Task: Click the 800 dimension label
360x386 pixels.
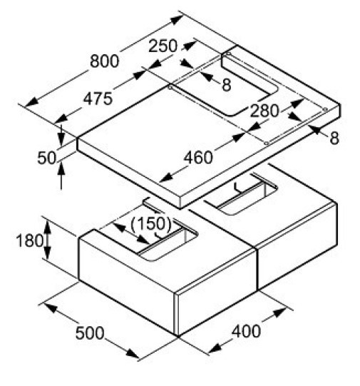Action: [x=105, y=61]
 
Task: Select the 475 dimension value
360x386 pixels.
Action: [x=98, y=99]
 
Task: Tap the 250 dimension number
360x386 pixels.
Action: [x=163, y=46]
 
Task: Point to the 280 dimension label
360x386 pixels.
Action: [x=264, y=111]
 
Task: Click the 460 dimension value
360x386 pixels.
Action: [x=198, y=158]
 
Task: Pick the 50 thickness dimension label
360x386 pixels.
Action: [x=47, y=158]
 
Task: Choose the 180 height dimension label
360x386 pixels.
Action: [x=29, y=240]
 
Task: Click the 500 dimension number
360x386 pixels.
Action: [x=90, y=333]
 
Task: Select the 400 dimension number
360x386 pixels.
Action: [x=246, y=331]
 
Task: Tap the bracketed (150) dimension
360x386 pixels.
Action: [x=150, y=224]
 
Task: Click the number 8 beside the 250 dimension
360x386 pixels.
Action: [x=227, y=85]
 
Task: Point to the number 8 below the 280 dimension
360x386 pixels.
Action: [x=334, y=138]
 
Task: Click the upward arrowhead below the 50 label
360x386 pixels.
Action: [x=61, y=168]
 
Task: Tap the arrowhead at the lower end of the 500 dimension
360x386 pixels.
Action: [x=133, y=354]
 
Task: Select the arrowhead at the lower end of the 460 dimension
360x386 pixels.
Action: [x=167, y=177]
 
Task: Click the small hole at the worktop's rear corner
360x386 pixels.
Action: [x=229, y=54]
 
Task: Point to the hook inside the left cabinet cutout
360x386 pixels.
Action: [x=158, y=236]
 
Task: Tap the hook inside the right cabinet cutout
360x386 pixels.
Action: [x=238, y=188]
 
